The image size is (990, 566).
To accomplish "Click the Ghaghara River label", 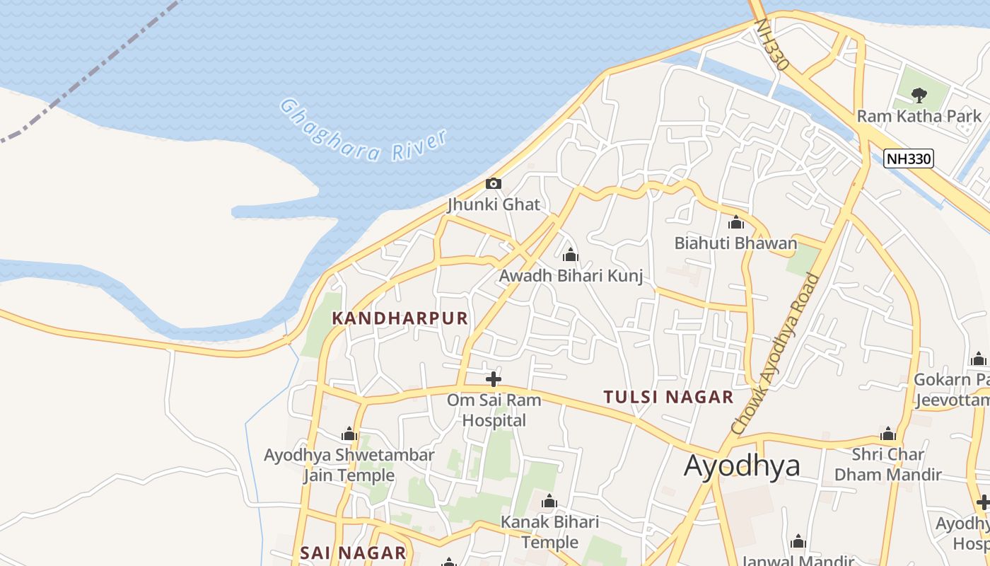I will point(365,131).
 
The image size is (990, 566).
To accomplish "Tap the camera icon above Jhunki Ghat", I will point(494,184).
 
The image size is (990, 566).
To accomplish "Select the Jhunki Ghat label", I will point(494,205).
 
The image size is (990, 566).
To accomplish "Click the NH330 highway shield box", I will point(909,158).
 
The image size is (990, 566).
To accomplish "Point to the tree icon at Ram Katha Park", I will point(919,95).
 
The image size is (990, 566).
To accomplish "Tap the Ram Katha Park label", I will point(919,116).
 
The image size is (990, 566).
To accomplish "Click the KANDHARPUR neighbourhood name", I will point(400,318).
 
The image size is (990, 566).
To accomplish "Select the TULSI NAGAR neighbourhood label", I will point(668,397).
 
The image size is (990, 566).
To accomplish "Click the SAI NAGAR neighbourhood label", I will point(353,553).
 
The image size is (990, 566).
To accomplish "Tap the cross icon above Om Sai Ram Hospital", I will point(494,379).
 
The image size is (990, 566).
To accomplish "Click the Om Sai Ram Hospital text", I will point(494,410).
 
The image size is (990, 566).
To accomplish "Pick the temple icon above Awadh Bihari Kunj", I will point(571,255).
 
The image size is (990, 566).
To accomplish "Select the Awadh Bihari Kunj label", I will point(571,276).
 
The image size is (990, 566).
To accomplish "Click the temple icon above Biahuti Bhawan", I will point(736,223).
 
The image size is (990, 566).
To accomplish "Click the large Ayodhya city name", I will point(742,466).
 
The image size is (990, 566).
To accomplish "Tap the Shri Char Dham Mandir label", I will point(888,464).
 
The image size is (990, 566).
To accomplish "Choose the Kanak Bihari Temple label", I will point(549,532).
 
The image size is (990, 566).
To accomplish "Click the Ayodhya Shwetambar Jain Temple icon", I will point(349,434).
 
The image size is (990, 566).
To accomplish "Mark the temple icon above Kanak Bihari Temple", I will point(549,502).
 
